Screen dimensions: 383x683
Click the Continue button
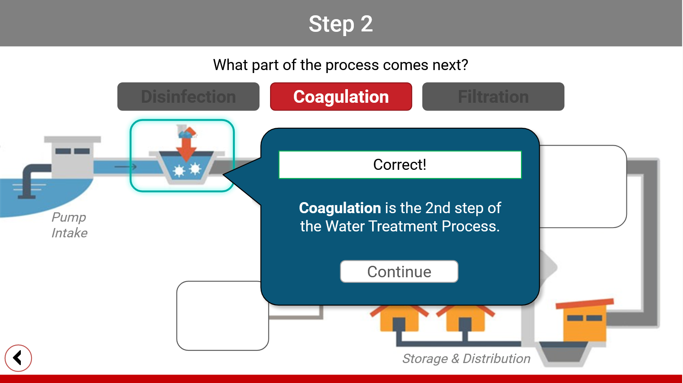pos(399,272)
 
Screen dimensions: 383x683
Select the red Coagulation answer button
pos(341,97)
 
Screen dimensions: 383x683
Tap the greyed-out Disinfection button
pos(188,97)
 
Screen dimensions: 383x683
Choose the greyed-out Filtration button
pos(493,97)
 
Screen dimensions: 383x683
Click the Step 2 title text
pos(341,24)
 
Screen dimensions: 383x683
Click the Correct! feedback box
pos(400,165)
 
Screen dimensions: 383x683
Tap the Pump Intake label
pos(69,225)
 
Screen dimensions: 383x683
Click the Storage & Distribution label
pos(466,359)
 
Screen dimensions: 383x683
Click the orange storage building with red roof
pos(585,321)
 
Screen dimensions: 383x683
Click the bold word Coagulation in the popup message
pos(340,208)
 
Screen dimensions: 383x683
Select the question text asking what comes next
pos(341,65)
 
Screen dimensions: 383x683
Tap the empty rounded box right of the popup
pos(583,187)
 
